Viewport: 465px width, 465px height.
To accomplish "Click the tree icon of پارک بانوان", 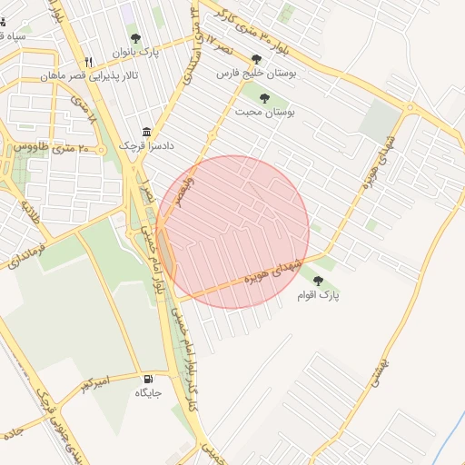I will coord(135,38).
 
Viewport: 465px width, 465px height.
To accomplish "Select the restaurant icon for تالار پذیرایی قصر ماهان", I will coord(88,61).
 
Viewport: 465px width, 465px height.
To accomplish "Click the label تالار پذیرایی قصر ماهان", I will coord(89,76).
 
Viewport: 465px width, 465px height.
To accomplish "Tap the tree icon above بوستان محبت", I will coord(264,97).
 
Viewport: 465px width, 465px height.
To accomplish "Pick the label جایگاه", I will coord(148,393).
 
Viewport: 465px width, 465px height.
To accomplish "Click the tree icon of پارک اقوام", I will coord(317,281).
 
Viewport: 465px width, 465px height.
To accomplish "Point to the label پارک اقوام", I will coord(317,296).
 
